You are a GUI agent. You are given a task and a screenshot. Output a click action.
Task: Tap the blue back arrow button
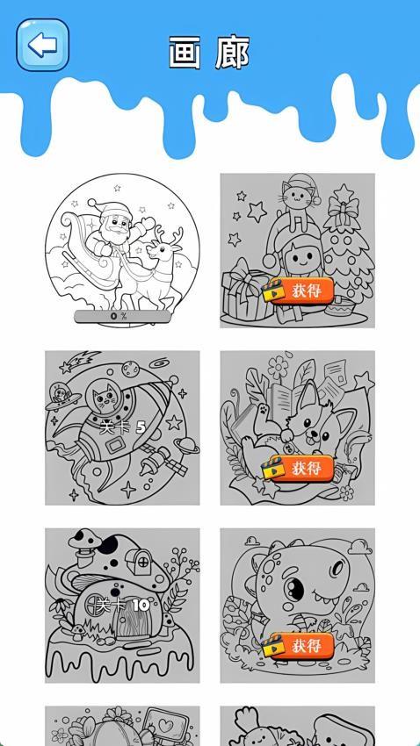click(42, 45)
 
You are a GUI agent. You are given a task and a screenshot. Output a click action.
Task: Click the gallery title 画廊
click(209, 54)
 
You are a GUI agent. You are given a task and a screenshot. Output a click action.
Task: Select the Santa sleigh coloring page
click(121, 250)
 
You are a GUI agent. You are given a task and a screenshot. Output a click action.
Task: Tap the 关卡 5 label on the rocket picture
click(122, 427)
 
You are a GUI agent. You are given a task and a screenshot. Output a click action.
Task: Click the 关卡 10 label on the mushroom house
click(122, 605)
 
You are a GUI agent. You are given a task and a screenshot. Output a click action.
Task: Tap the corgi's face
click(308, 427)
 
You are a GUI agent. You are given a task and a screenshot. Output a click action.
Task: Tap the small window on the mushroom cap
click(141, 558)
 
